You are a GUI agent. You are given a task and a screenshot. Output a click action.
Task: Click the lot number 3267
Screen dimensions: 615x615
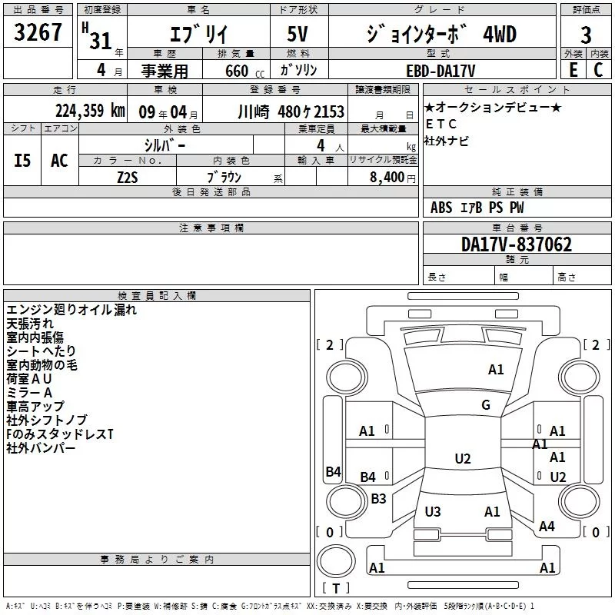click(38, 32)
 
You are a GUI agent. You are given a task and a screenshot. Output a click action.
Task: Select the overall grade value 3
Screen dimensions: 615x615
click(586, 35)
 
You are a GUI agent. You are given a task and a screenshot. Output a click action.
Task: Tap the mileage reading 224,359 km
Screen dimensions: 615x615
click(90, 111)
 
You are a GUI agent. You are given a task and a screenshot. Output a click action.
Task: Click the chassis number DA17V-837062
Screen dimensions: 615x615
click(517, 244)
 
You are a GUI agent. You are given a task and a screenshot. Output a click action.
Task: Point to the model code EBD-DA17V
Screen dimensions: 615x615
click(440, 71)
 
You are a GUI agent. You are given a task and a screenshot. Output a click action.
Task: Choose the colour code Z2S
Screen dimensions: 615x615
click(128, 178)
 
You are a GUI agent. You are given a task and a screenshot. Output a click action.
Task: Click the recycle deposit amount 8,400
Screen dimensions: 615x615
click(387, 177)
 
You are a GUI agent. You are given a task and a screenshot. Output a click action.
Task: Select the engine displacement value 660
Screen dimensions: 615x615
click(237, 71)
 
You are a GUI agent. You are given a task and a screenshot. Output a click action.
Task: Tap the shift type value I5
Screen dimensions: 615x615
click(22, 161)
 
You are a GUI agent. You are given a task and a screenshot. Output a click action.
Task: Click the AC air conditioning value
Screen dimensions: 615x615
click(59, 161)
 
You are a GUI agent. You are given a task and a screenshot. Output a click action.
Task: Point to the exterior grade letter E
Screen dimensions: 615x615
click(573, 70)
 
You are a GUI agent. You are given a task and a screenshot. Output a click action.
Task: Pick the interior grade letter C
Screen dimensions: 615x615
click(598, 70)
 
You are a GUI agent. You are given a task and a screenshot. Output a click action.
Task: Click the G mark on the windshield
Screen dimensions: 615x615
click(486, 405)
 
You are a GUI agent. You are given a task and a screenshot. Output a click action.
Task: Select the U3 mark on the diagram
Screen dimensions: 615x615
click(433, 511)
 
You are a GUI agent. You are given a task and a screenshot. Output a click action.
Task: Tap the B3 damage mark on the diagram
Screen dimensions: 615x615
click(378, 498)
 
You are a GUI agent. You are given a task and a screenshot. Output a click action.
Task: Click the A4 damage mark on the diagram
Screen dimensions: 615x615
click(547, 526)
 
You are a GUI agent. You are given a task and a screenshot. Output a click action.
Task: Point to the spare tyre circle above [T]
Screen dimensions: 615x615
click(336, 560)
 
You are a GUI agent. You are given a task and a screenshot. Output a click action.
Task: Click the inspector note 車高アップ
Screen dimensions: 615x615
click(35, 407)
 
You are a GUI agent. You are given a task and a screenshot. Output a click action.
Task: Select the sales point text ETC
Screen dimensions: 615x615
click(441, 124)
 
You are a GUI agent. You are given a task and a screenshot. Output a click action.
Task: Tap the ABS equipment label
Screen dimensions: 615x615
click(441, 208)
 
